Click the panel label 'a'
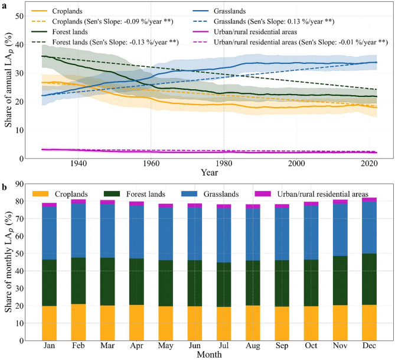[x=4, y=4]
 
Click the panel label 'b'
[x=4, y=188]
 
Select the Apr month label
[x=136, y=345]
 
